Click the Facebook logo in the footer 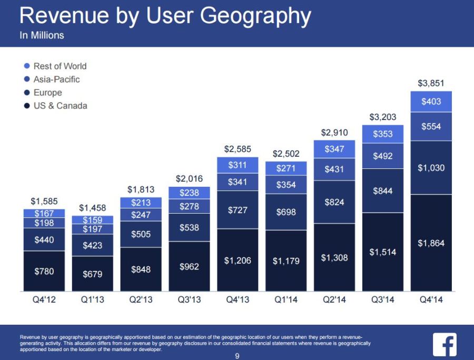(x=445, y=345)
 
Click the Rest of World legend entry (x=55, y=66)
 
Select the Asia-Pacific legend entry (x=52, y=79)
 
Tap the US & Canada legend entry (x=55, y=106)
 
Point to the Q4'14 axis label (x=431, y=300)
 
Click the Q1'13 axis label (x=92, y=300)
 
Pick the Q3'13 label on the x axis (x=189, y=300)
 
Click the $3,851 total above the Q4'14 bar (x=431, y=83)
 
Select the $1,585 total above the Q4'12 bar (x=44, y=201)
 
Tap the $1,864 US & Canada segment (x=431, y=243)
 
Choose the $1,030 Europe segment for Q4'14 (x=431, y=168)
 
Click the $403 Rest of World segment (x=431, y=102)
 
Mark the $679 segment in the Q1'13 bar (x=92, y=274)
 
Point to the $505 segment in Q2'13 (x=141, y=234)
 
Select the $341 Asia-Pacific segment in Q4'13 (x=238, y=182)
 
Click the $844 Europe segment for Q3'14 (x=382, y=191)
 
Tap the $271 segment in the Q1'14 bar (x=286, y=168)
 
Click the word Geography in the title (x=256, y=16)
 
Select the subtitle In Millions (x=42, y=36)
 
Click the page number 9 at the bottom (x=237, y=356)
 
